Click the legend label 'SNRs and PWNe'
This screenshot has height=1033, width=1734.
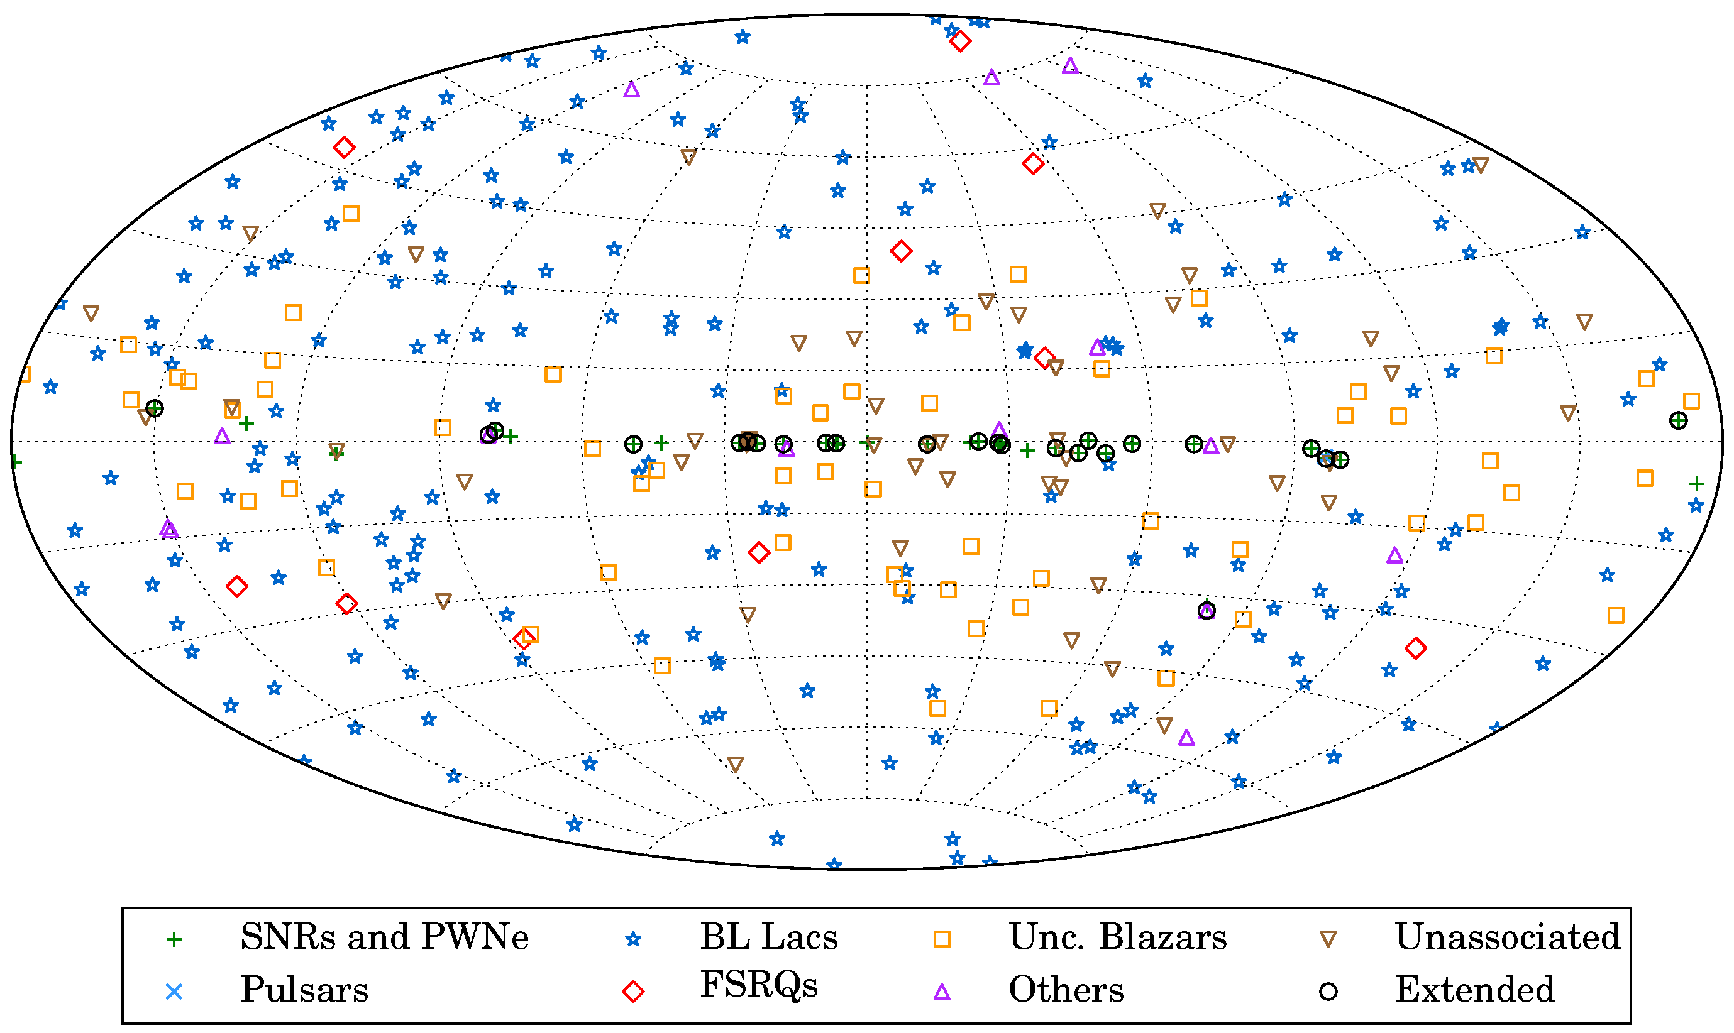click(384, 937)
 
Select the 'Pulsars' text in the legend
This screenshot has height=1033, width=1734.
click(304, 989)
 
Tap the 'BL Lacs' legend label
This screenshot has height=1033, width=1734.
click(768, 937)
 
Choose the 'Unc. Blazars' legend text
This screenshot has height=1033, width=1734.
click(1117, 937)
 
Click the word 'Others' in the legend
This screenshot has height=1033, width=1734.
click(1066, 989)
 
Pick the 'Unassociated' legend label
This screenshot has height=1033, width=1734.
click(1507, 937)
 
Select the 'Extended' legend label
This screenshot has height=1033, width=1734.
click(1474, 989)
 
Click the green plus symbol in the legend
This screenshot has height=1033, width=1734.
click(174, 940)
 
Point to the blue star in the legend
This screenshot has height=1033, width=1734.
click(632, 940)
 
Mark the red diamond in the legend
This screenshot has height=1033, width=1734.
click(632, 992)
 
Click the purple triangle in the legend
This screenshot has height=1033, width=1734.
click(942, 992)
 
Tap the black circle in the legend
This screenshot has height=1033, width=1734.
click(1328, 992)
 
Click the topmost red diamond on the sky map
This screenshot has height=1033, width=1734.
click(959, 41)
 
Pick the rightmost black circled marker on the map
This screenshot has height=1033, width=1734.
click(1678, 420)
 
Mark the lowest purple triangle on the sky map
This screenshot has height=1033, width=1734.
click(1186, 738)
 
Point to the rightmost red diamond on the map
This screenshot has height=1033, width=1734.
click(1416, 648)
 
